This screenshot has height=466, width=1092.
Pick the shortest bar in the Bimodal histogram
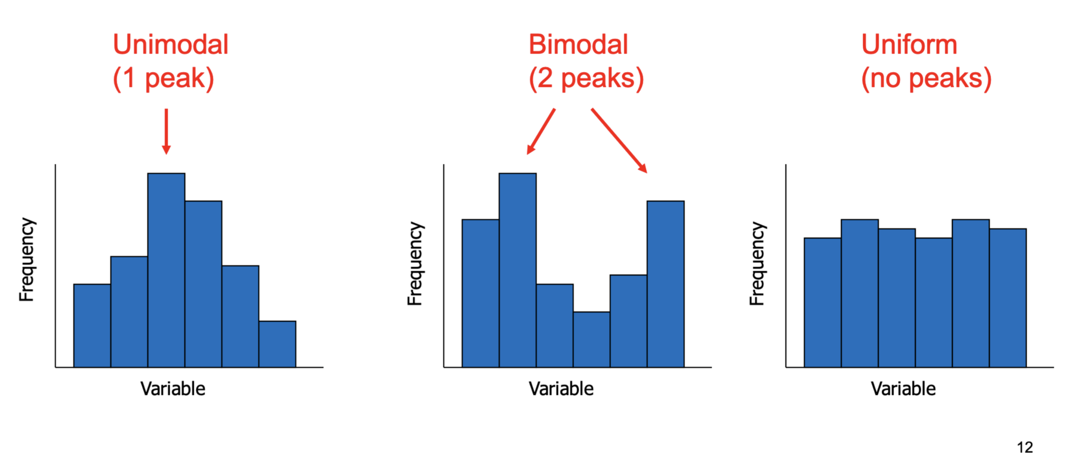click(x=592, y=339)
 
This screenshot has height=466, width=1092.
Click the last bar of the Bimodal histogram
click(x=665, y=284)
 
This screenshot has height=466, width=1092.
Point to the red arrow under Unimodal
click(x=166, y=131)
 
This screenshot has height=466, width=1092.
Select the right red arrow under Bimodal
click(x=619, y=140)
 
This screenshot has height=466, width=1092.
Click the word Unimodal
click(x=171, y=44)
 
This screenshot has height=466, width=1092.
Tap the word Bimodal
click(x=578, y=44)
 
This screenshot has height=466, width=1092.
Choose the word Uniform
click(x=909, y=44)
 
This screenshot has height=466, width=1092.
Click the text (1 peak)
click(x=163, y=79)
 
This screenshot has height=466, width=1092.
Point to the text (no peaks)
click(x=926, y=79)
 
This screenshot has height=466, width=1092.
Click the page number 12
click(x=1025, y=447)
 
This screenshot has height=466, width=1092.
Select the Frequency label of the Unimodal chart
click(x=27, y=259)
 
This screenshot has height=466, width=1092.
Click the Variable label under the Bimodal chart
click(x=561, y=389)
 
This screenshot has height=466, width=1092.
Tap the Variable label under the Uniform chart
click(x=903, y=389)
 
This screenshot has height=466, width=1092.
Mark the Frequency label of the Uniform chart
click(x=757, y=263)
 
